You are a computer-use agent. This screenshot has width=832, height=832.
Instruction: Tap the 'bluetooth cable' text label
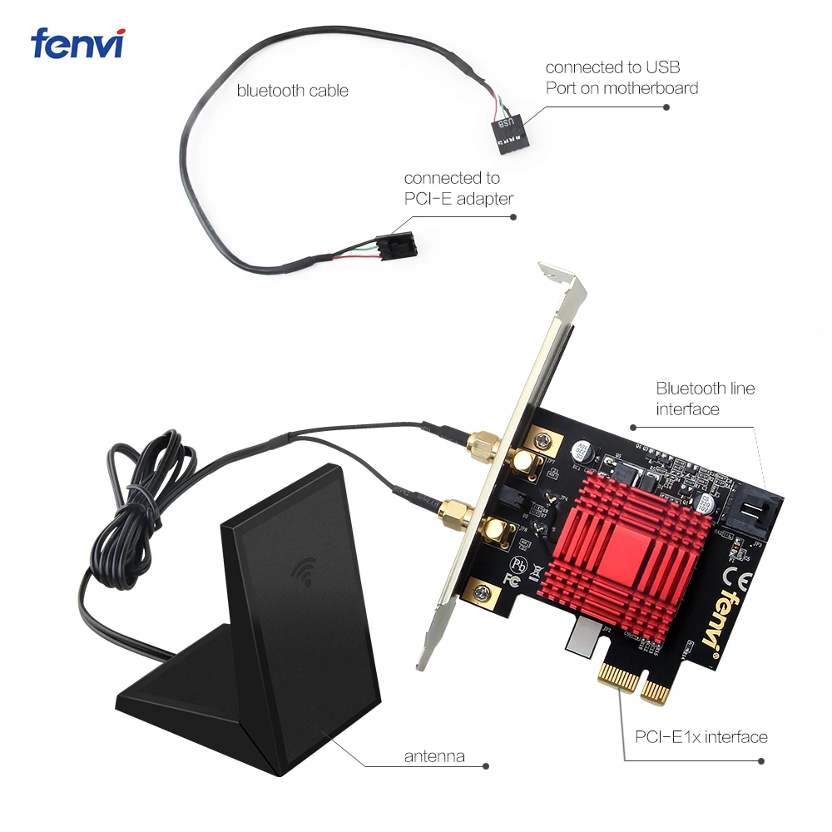(x=292, y=90)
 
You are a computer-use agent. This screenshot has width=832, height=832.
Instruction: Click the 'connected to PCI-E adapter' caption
(x=458, y=188)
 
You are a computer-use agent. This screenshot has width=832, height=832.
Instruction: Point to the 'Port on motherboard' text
(x=622, y=87)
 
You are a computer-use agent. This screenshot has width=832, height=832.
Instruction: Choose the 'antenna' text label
(x=433, y=756)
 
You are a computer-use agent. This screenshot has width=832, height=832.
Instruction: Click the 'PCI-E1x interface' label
(x=701, y=736)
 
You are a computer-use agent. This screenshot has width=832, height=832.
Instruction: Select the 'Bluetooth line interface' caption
(x=705, y=398)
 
